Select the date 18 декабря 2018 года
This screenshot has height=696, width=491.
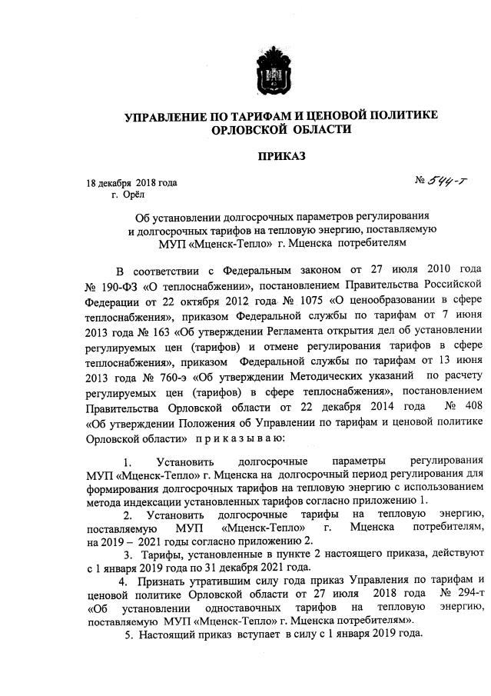click(x=131, y=183)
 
